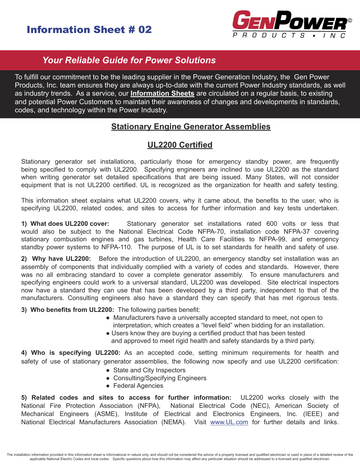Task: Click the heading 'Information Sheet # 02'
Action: [x=89, y=30]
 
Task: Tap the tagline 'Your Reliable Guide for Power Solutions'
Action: [x=129, y=60]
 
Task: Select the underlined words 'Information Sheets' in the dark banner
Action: [x=162, y=93]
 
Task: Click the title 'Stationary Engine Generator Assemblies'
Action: [x=191, y=126]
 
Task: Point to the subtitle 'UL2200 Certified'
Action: [x=180, y=145]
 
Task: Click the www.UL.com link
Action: [x=229, y=422]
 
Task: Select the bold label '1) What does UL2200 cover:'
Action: [x=65, y=224]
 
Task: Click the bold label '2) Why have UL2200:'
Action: [x=56, y=259]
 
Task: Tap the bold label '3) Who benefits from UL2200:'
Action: [x=68, y=310]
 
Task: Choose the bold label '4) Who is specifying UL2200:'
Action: [x=71, y=353]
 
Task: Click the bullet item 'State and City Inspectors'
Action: [x=149, y=370]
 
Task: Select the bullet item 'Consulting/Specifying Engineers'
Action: [x=160, y=378]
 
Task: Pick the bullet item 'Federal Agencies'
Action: [x=138, y=386]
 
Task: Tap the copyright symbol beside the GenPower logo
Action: [x=350, y=20]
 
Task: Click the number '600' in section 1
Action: [x=272, y=224]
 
